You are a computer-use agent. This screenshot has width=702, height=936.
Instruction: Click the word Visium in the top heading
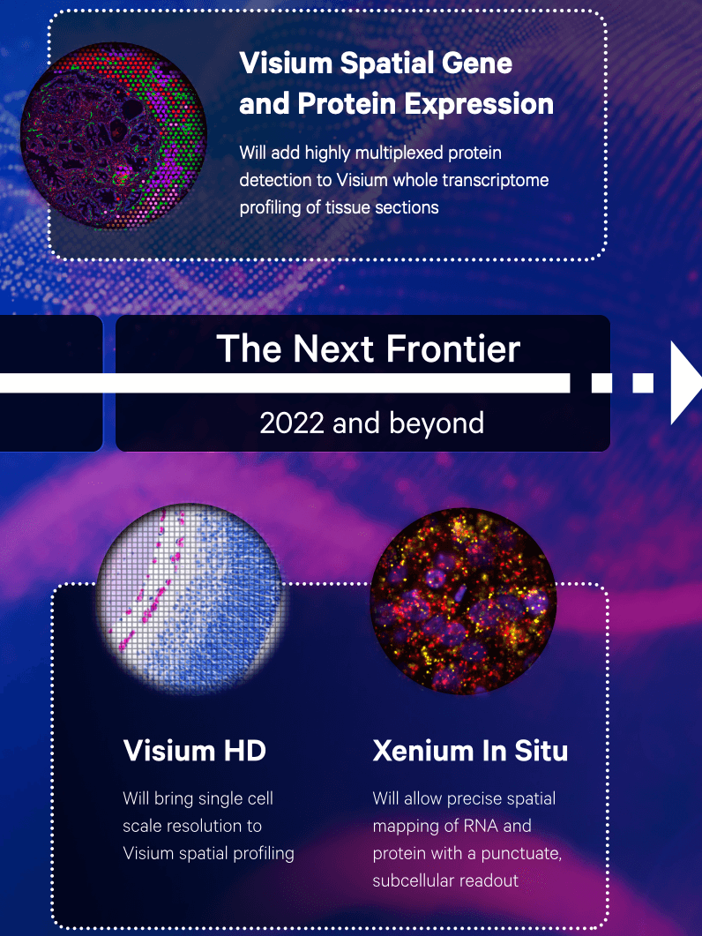[286, 63]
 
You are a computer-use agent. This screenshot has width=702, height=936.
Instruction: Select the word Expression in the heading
[480, 105]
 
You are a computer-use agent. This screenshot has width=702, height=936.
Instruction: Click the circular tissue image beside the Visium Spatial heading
[114, 136]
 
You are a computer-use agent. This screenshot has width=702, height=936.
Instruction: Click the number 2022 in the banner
[293, 423]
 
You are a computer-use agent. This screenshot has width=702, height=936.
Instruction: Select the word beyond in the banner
[437, 423]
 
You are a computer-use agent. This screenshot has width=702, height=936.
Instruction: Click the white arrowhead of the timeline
[684, 383]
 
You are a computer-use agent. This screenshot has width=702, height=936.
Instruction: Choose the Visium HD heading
[195, 751]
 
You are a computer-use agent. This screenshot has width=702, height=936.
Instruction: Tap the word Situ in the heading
[541, 751]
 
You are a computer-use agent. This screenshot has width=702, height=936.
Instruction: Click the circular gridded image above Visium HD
[190, 599]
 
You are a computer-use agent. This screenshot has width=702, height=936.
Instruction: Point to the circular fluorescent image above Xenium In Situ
[464, 601]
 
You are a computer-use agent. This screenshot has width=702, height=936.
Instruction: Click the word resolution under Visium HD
[214, 826]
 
